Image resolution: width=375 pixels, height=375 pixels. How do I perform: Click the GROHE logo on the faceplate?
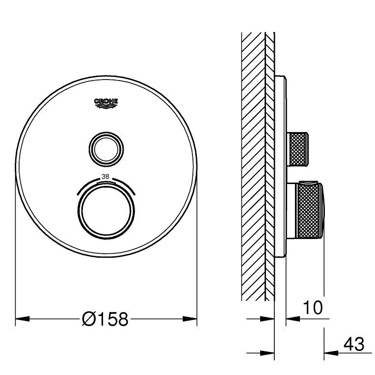tap(106, 103)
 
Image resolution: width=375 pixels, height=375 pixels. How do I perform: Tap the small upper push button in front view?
tap(106, 149)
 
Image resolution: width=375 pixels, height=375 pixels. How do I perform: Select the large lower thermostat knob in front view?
tap(106, 211)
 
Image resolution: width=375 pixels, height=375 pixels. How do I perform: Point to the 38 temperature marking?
tap(105, 177)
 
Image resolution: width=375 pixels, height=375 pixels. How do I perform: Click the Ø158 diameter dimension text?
tap(105, 319)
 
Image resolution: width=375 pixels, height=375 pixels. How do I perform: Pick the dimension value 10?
tap(313, 307)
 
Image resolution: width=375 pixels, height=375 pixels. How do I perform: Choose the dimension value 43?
tap(354, 345)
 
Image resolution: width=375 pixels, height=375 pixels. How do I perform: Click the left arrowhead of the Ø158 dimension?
tap(23, 319)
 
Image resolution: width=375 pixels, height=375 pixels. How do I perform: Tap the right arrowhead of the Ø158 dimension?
tap(190, 319)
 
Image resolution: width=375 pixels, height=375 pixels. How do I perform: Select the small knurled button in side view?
tap(297, 149)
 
